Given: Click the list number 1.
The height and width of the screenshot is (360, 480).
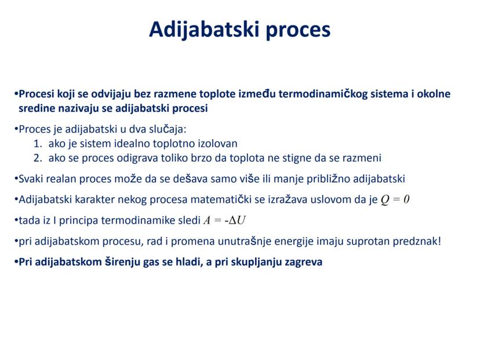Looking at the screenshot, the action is (x=38, y=144).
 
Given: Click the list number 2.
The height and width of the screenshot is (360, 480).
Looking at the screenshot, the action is (x=38, y=158).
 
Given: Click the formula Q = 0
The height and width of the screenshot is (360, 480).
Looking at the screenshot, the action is (x=395, y=200).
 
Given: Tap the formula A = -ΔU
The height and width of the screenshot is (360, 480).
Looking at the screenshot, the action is (x=224, y=220).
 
